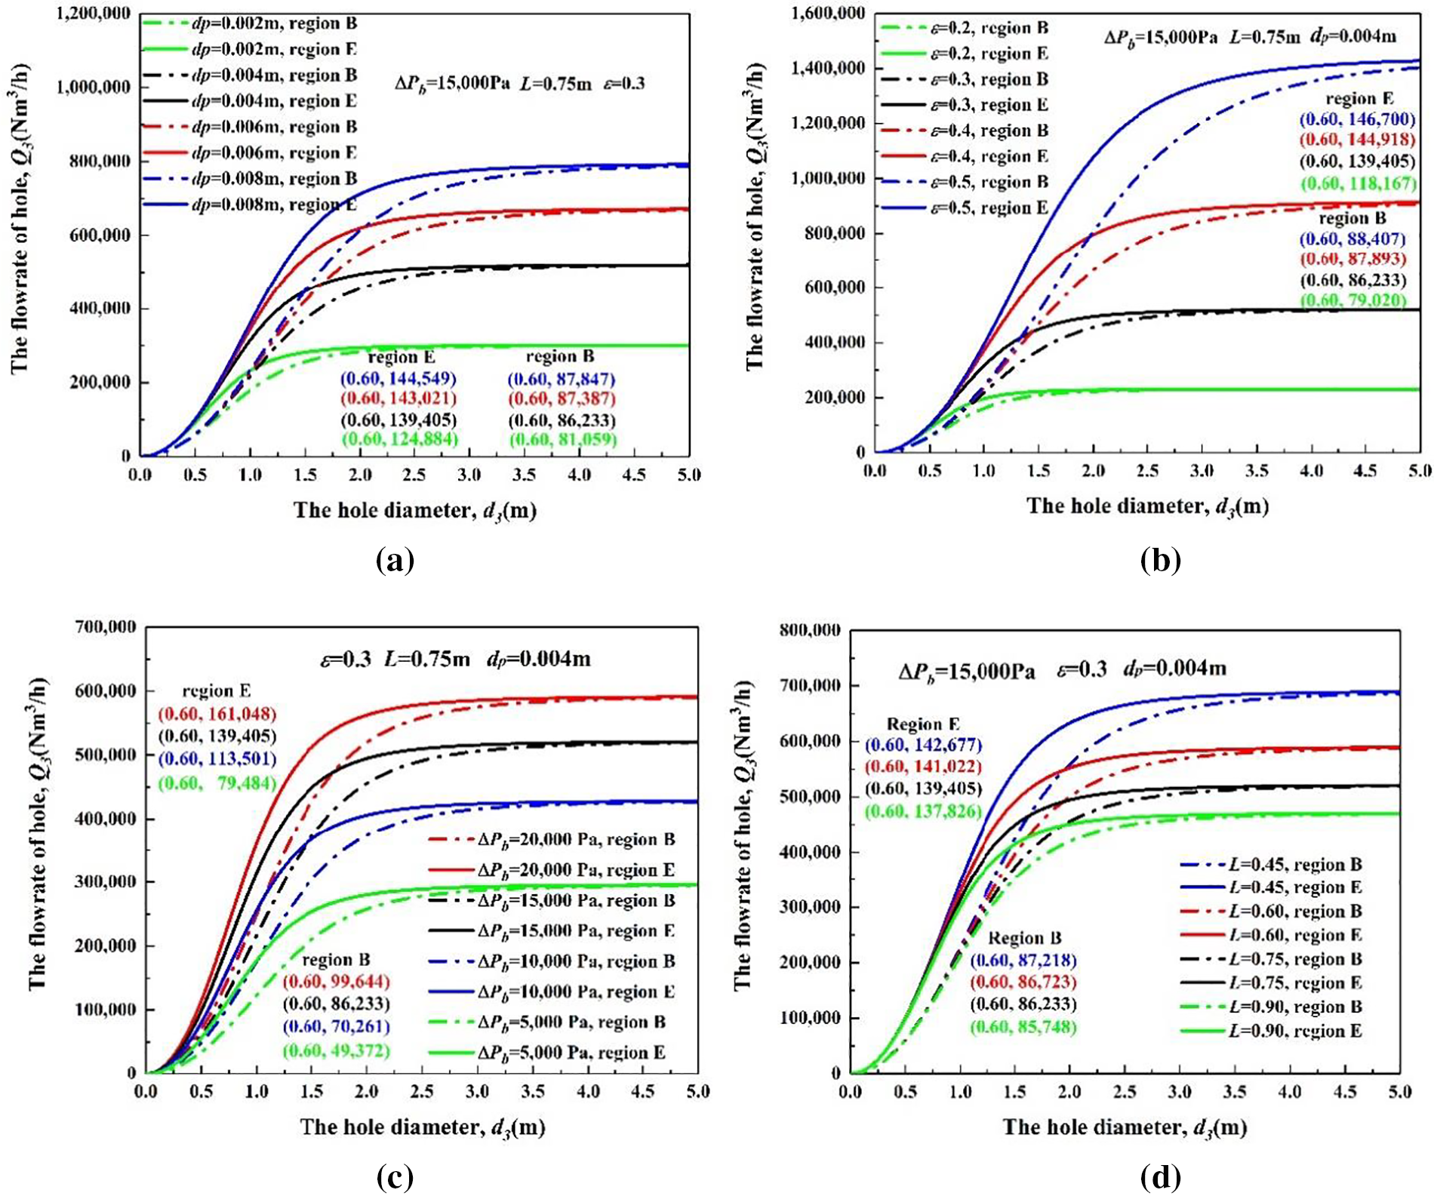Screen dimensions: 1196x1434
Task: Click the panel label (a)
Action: (395, 561)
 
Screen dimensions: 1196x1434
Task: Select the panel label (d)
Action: (1161, 1176)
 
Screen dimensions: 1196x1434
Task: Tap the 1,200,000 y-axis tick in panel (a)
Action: (93, 14)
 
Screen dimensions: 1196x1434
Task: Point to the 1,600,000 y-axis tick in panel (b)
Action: (828, 13)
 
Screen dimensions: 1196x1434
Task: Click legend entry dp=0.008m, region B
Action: (249, 179)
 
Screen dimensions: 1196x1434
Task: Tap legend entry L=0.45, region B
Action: (1270, 865)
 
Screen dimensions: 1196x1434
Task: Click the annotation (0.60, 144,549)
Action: (399, 378)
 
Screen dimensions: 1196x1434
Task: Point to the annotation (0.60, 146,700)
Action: (1356, 119)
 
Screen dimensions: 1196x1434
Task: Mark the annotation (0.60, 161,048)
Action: (217, 714)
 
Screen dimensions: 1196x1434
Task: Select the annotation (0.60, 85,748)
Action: (1023, 1027)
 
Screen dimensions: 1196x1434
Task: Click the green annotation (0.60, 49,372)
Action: (336, 1050)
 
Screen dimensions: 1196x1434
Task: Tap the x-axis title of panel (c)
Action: (423, 1127)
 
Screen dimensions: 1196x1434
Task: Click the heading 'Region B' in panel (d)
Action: (1024, 938)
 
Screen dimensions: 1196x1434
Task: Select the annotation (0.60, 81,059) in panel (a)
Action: (562, 439)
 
